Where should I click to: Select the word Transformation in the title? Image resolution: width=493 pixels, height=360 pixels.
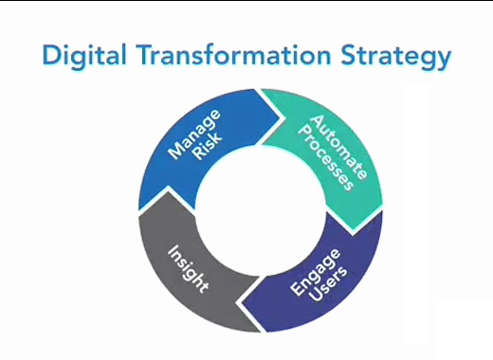[225, 56]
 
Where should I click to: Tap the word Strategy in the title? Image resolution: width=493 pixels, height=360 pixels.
[389, 58]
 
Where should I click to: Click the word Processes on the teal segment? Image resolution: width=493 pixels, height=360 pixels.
[318, 156]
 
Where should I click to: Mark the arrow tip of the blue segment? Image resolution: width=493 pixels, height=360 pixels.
[282, 120]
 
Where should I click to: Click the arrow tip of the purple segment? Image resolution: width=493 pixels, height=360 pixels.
[237, 301]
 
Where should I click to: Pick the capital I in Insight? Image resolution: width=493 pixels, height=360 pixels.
[172, 251]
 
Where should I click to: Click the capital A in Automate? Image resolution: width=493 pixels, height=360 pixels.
[319, 121]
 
